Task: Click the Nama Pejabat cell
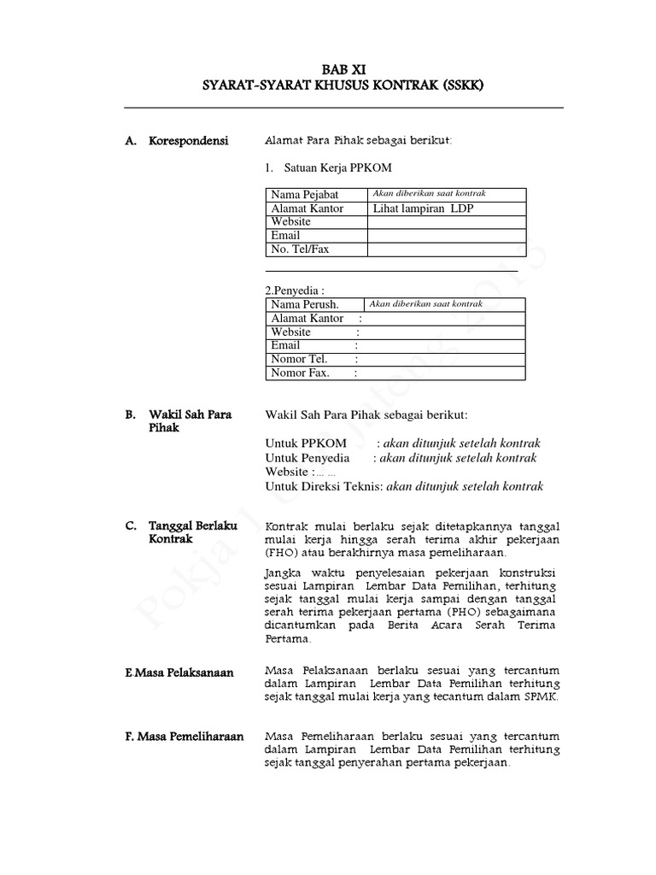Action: [305, 195]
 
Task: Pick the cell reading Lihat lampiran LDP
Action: [423, 208]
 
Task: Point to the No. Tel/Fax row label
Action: [300, 250]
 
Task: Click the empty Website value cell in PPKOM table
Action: [446, 222]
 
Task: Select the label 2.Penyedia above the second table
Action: [296, 291]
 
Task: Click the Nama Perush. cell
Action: [305, 304]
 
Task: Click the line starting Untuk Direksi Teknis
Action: [404, 486]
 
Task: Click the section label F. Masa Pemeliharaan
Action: [184, 736]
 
